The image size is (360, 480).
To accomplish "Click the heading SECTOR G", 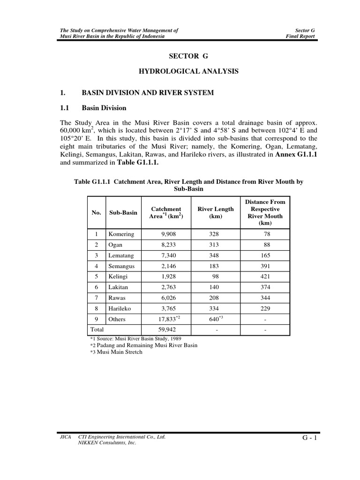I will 187,56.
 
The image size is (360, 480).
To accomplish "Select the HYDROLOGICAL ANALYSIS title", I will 187,71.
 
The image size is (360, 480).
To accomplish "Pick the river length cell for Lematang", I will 215,255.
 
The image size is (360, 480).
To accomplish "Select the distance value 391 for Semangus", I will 265,266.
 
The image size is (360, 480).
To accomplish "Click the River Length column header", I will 215,213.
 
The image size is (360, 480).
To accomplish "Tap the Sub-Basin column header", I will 123,213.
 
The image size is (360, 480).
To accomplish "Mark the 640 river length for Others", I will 215,319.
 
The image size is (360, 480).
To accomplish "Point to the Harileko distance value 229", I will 265,308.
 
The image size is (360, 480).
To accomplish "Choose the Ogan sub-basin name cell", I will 115,245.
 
